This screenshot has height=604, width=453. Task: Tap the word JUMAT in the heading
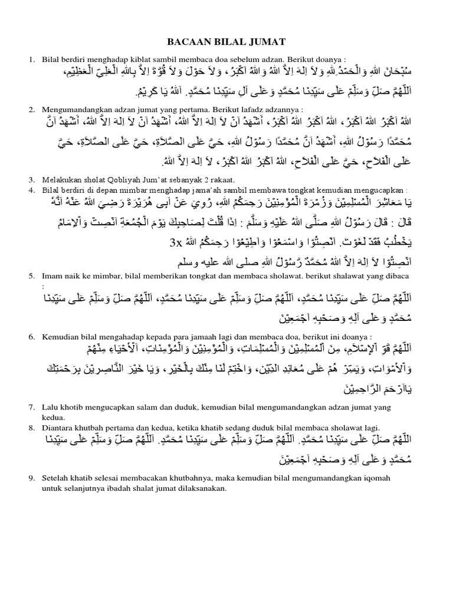(x=268, y=41)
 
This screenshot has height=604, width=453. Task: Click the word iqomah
(x=371, y=477)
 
